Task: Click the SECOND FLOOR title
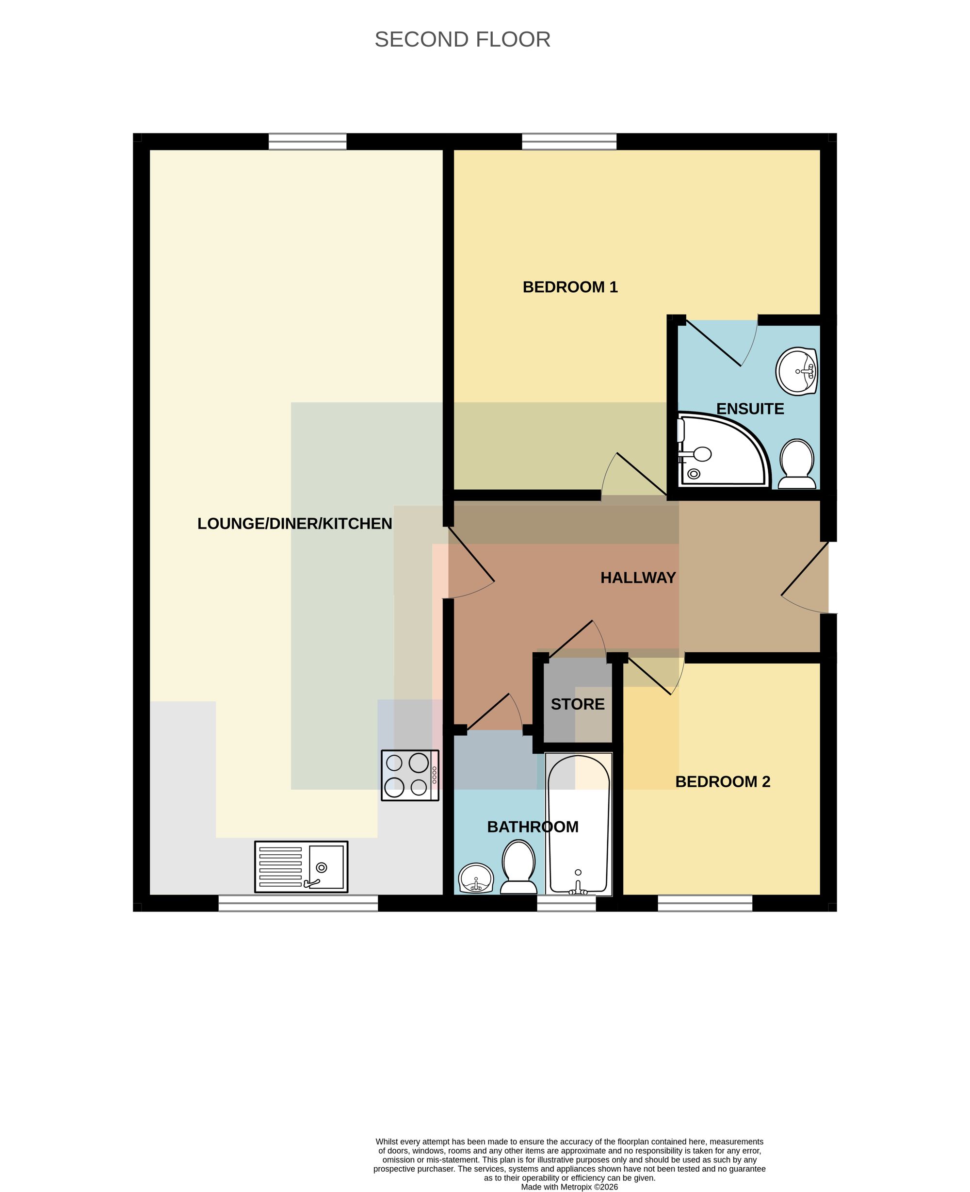463,40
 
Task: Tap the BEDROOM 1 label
570,287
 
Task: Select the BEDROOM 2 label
723,781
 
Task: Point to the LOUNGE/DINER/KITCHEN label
294,523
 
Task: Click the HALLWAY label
638,578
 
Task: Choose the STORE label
578,704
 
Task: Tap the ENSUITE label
750,409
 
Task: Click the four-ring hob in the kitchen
410,775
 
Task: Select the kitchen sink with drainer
301,867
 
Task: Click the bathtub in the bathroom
578,824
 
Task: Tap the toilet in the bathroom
518,868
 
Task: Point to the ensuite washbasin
797,371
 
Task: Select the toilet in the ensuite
797,464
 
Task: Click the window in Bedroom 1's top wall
569,141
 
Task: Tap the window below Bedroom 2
705,903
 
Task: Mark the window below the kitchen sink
298,903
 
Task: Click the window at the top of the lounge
307,141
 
